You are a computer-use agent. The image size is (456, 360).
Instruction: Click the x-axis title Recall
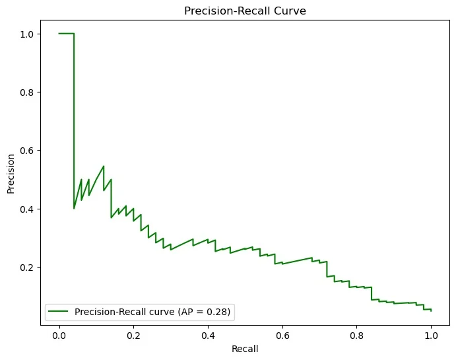click(x=245, y=348)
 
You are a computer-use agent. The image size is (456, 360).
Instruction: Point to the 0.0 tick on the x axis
click(x=59, y=335)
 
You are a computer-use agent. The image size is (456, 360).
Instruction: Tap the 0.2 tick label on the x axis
click(x=133, y=335)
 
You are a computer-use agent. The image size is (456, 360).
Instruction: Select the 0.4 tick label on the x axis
click(x=208, y=335)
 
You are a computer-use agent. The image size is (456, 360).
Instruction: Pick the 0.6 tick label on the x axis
click(x=282, y=335)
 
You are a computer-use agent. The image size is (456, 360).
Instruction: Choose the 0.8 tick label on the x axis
click(x=356, y=335)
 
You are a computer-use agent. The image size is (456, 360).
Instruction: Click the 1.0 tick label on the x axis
click(x=431, y=335)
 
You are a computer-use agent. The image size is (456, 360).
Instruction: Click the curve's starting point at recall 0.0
click(x=59, y=34)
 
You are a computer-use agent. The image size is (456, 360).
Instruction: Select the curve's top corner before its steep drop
click(x=74, y=34)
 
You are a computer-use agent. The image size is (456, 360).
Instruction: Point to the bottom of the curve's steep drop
click(x=74, y=208)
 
